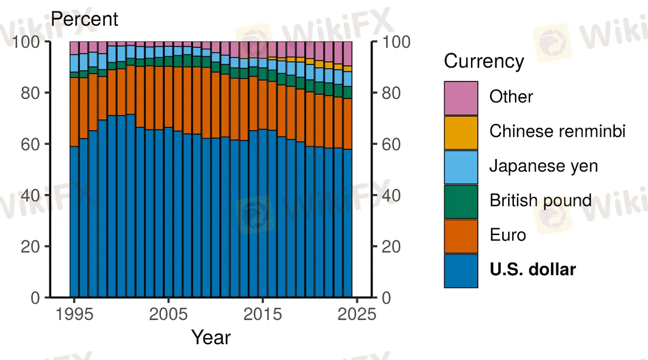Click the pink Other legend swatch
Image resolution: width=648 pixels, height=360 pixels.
click(461, 98)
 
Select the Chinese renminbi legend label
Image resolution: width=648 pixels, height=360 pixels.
click(557, 131)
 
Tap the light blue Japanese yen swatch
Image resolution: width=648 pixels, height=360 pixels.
click(461, 167)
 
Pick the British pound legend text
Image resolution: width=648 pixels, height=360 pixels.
click(540, 201)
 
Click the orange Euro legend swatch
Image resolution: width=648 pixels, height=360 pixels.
click(461, 236)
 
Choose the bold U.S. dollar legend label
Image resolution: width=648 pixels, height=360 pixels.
click(532, 270)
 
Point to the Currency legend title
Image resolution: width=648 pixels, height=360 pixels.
click(484, 62)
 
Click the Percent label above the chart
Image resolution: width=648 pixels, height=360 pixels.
click(85, 19)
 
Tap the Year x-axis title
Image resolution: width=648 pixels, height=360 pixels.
click(210, 337)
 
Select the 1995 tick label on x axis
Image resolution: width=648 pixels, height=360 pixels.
click(74, 314)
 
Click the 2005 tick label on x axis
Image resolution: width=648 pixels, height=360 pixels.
click(168, 314)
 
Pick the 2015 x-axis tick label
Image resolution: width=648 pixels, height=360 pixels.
click(263, 314)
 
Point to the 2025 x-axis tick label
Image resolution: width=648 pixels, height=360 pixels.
click(357, 314)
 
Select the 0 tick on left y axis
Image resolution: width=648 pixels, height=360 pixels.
click(35, 297)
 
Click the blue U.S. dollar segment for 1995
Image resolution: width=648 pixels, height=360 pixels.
click(74, 220)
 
